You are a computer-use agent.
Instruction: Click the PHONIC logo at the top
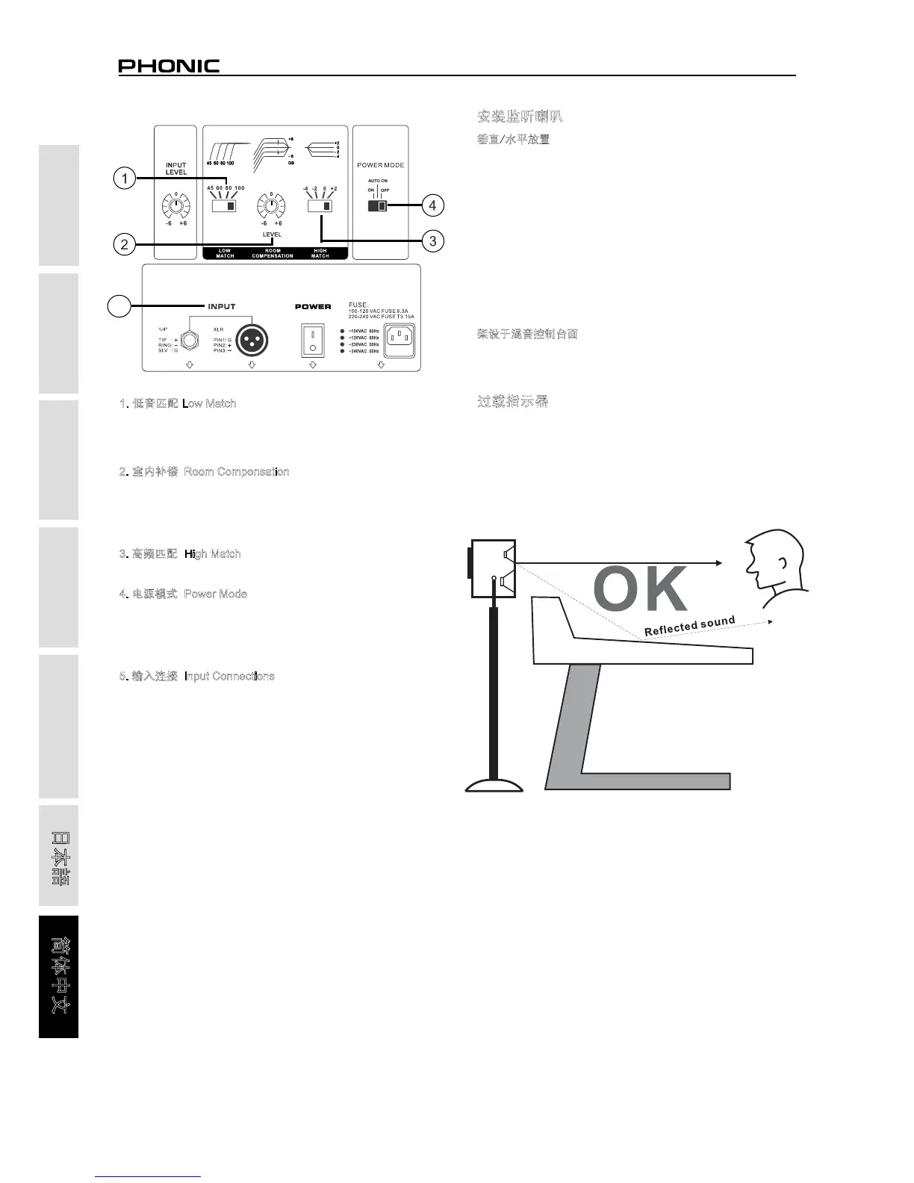pyautogui.click(x=169, y=66)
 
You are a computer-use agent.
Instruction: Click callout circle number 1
pyautogui.click(x=125, y=178)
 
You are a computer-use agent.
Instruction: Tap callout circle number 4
pyautogui.click(x=432, y=205)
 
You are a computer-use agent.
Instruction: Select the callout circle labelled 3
pyautogui.click(x=432, y=240)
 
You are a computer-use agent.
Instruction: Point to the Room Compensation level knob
pyautogui.click(x=271, y=205)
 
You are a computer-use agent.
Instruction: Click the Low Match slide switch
pyautogui.click(x=224, y=205)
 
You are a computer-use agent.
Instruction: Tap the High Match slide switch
pyautogui.click(x=320, y=206)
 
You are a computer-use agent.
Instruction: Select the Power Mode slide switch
pyautogui.click(x=378, y=206)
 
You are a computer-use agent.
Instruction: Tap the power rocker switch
pyautogui.click(x=313, y=340)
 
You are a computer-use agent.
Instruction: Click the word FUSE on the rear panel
pyautogui.click(x=358, y=305)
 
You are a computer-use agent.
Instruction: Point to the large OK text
pyautogui.click(x=640, y=589)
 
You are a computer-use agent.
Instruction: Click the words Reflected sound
pyautogui.click(x=690, y=627)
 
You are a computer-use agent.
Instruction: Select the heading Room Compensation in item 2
pyautogui.click(x=236, y=472)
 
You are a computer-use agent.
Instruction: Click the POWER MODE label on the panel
pyautogui.click(x=380, y=165)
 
